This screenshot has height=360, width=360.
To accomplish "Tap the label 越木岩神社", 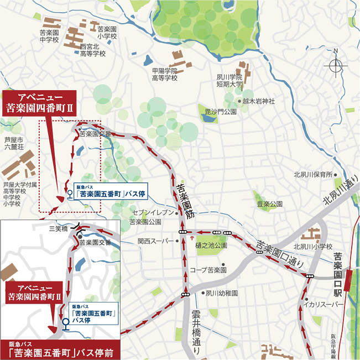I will coord(258,101).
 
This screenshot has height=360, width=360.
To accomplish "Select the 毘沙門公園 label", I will coord(220,111).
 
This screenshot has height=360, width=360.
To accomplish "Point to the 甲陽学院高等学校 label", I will coord(165,74).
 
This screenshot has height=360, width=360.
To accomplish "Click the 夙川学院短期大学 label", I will coord(230,81).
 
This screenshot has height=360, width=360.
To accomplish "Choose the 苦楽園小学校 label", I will coord(107,33).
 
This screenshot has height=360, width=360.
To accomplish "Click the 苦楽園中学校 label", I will coord(49,36).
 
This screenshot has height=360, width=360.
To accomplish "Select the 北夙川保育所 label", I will coord(312,175).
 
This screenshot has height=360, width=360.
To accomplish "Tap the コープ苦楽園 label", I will coord(208,270).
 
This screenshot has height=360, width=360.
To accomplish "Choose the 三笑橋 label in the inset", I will coord(58,228).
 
